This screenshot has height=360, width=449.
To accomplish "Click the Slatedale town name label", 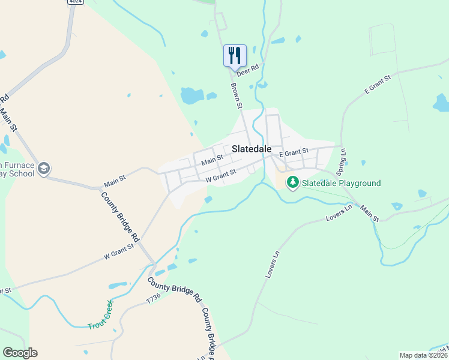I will pyautogui.click(x=252, y=149).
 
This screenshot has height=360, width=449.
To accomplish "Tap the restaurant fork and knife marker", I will pyautogui.click(x=235, y=56).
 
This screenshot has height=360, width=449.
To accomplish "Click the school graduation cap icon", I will pyautogui.click(x=43, y=169).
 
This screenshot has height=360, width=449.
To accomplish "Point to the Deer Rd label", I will pyautogui.click(x=247, y=70).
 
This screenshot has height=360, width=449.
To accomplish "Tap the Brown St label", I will pyautogui.click(x=236, y=95).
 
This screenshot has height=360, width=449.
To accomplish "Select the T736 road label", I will pyautogui.click(x=154, y=298).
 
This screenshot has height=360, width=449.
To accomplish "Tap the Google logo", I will pyautogui.click(x=20, y=353).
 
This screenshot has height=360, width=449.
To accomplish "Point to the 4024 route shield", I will pyautogui.click(x=75, y=2).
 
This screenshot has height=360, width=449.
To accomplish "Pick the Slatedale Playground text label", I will pyautogui.click(x=341, y=183).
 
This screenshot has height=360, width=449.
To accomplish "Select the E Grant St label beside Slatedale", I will pyautogui.click(x=293, y=152).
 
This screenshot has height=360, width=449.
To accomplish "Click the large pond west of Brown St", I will pyautogui.click(x=191, y=95).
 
